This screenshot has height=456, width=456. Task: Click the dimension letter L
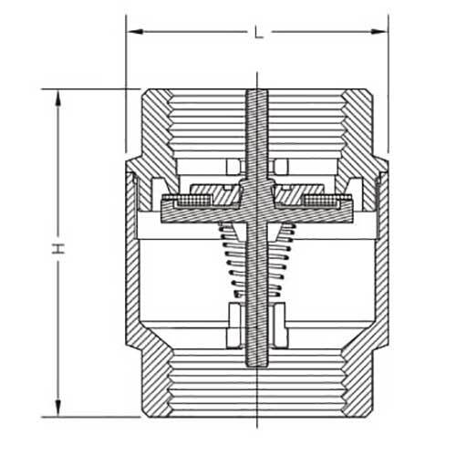[x=259, y=33]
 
